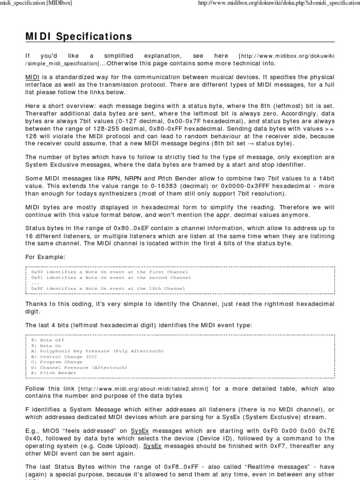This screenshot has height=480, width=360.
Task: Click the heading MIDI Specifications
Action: pos(79,37)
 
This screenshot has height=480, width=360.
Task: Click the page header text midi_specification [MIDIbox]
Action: pos(36,3)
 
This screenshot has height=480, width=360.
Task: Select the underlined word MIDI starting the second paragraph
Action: pos(33,77)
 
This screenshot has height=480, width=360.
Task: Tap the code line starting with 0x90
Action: pos(109,272)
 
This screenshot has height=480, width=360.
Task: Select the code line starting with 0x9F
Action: pos(108,288)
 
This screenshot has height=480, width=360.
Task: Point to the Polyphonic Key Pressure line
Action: pos(90,351)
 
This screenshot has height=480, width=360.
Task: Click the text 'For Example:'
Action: pos(45,257)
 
